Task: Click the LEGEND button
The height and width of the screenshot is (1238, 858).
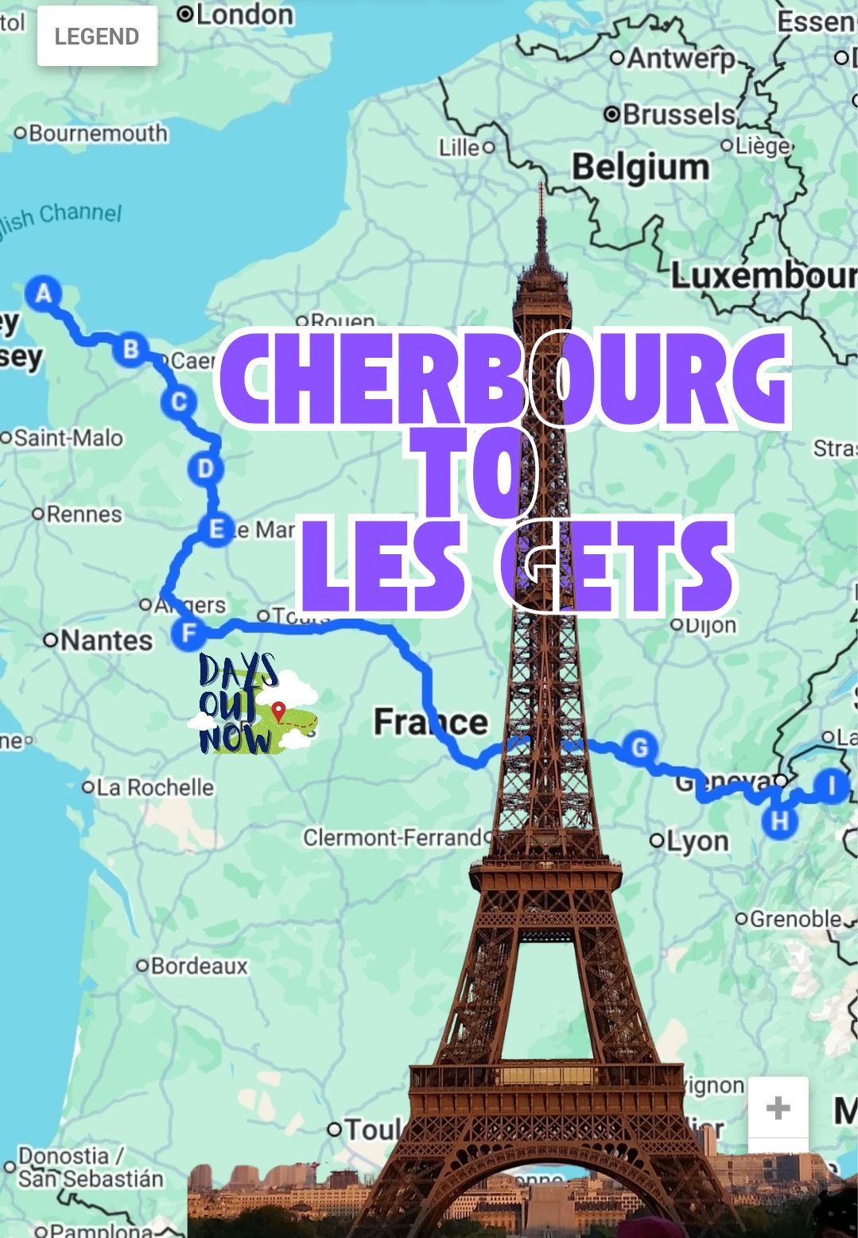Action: tap(97, 37)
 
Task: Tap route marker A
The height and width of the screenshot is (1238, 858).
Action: tap(44, 293)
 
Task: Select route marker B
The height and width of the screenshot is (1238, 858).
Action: tap(130, 349)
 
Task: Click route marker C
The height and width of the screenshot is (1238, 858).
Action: tap(179, 402)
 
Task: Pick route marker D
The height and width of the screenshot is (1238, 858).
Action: tap(205, 468)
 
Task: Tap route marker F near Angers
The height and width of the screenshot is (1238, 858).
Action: tap(188, 634)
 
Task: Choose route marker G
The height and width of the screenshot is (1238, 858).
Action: tap(639, 747)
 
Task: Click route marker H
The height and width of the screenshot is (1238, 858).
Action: tap(779, 821)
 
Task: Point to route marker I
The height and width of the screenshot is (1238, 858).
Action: tap(833, 786)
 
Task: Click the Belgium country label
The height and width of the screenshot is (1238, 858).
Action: tap(641, 168)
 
